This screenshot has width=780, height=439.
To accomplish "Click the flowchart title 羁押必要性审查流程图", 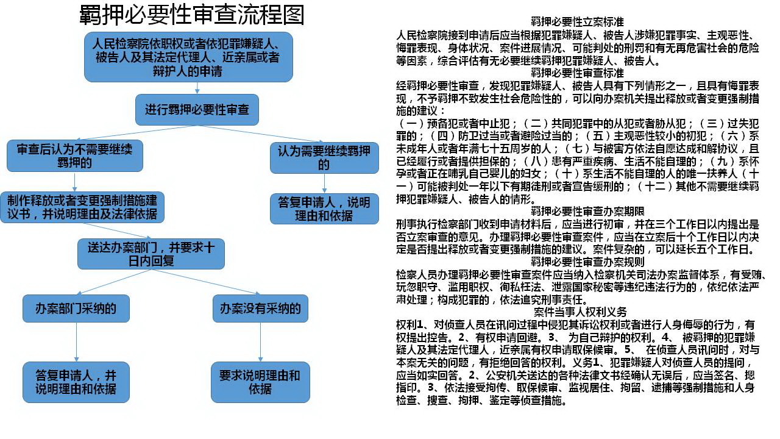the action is click(x=192, y=15).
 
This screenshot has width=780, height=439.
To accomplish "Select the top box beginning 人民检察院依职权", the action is click(x=188, y=57).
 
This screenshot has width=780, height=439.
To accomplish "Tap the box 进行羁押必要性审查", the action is click(x=197, y=110).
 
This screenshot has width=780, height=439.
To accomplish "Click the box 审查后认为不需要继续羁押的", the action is click(x=75, y=155).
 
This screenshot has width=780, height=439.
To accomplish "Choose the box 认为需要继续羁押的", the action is click(x=324, y=158).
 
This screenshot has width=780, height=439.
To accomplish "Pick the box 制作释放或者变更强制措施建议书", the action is click(x=82, y=207).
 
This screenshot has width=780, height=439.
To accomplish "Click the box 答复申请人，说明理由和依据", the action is click(x=324, y=209).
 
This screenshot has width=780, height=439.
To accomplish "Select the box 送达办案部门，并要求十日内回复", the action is click(x=151, y=254).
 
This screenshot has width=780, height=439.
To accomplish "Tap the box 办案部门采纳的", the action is click(x=76, y=309).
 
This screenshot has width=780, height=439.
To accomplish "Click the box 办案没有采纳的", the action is click(x=260, y=309).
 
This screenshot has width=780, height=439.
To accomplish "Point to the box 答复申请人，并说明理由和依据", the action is click(x=76, y=382).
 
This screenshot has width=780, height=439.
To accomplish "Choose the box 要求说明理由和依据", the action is click(x=260, y=382).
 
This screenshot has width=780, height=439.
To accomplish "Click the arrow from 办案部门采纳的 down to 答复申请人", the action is click(x=76, y=342).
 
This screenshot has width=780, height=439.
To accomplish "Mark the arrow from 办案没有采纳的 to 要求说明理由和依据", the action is click(x=260, y=342).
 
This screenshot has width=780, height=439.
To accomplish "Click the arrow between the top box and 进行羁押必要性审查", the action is click(x=197, y=88).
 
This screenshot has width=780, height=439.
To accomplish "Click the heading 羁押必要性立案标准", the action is click(x=577, y=22).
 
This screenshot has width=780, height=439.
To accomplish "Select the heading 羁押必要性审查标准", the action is click(x=577, y=73).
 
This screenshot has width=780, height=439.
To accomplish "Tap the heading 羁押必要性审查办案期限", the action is click(x=587, y=211).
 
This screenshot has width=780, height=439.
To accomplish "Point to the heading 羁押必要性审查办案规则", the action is click(x=587, y=262).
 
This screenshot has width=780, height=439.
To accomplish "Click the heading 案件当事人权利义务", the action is click(x=580, y=312).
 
